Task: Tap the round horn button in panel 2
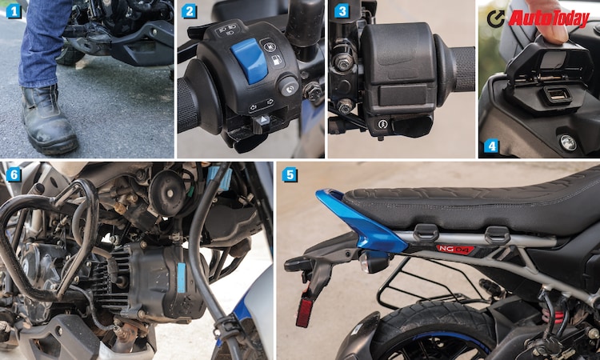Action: [288, 86]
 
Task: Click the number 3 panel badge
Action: [342, 11]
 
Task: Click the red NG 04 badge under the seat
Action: [454, 249]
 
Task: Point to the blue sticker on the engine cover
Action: [181, 275]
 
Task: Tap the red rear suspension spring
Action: [560, 316]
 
